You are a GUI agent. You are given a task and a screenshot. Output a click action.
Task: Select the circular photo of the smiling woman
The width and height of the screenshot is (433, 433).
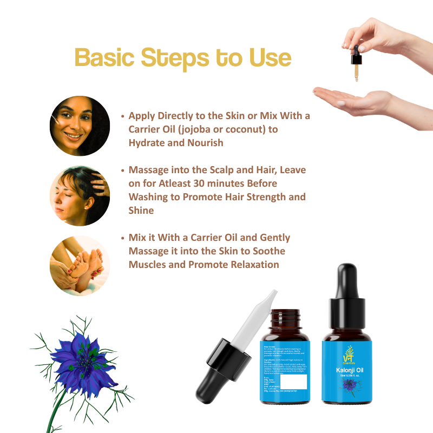(80, 126)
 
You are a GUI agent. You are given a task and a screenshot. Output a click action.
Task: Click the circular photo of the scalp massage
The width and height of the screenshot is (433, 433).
(80, 195)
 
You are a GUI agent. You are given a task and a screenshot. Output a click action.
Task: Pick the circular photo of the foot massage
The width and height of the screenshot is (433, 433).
(80, 265)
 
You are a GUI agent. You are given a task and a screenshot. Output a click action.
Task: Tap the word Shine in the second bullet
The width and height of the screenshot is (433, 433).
(141, 210)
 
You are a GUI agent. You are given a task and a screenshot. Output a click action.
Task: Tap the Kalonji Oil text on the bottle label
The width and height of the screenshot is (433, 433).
(350, 370)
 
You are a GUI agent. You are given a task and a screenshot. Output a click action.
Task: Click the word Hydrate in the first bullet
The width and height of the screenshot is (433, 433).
(148, 143)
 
